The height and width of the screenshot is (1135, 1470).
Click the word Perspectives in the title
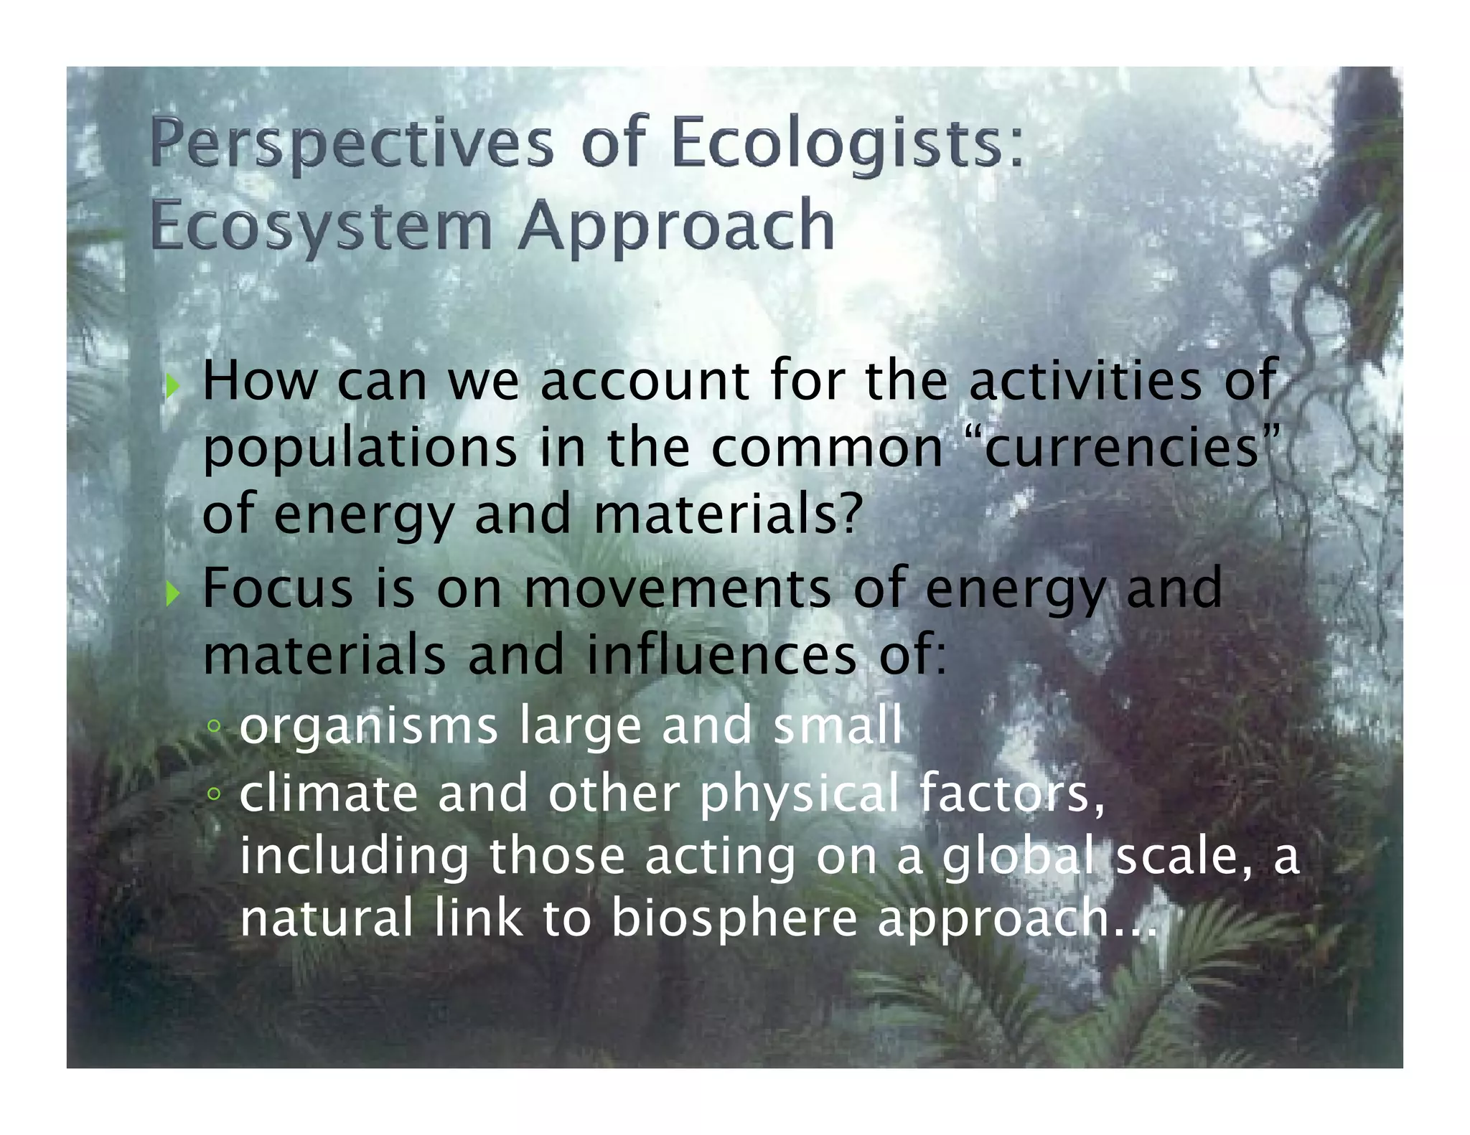352,143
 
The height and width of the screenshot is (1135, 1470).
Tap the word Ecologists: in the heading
847,143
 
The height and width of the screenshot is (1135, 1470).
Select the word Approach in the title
677,227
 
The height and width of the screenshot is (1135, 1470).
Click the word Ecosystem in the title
322,227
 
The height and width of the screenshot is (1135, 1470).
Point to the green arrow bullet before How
172,388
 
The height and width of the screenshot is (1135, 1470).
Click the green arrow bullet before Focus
172,594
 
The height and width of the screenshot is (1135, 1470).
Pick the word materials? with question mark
727,515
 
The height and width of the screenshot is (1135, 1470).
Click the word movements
676,588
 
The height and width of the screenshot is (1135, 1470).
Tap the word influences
721,656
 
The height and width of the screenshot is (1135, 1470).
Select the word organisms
368,726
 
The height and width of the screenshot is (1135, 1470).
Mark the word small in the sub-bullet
837,726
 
